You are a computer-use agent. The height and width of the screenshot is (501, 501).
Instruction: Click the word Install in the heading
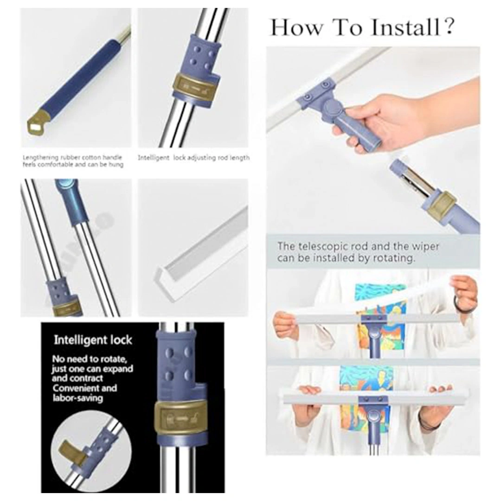405,27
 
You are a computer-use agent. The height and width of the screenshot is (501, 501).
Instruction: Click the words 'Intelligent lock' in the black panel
93,340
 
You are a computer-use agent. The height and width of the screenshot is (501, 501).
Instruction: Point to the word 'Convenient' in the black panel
77,389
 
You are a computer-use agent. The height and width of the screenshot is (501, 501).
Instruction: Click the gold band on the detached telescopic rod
441,204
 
